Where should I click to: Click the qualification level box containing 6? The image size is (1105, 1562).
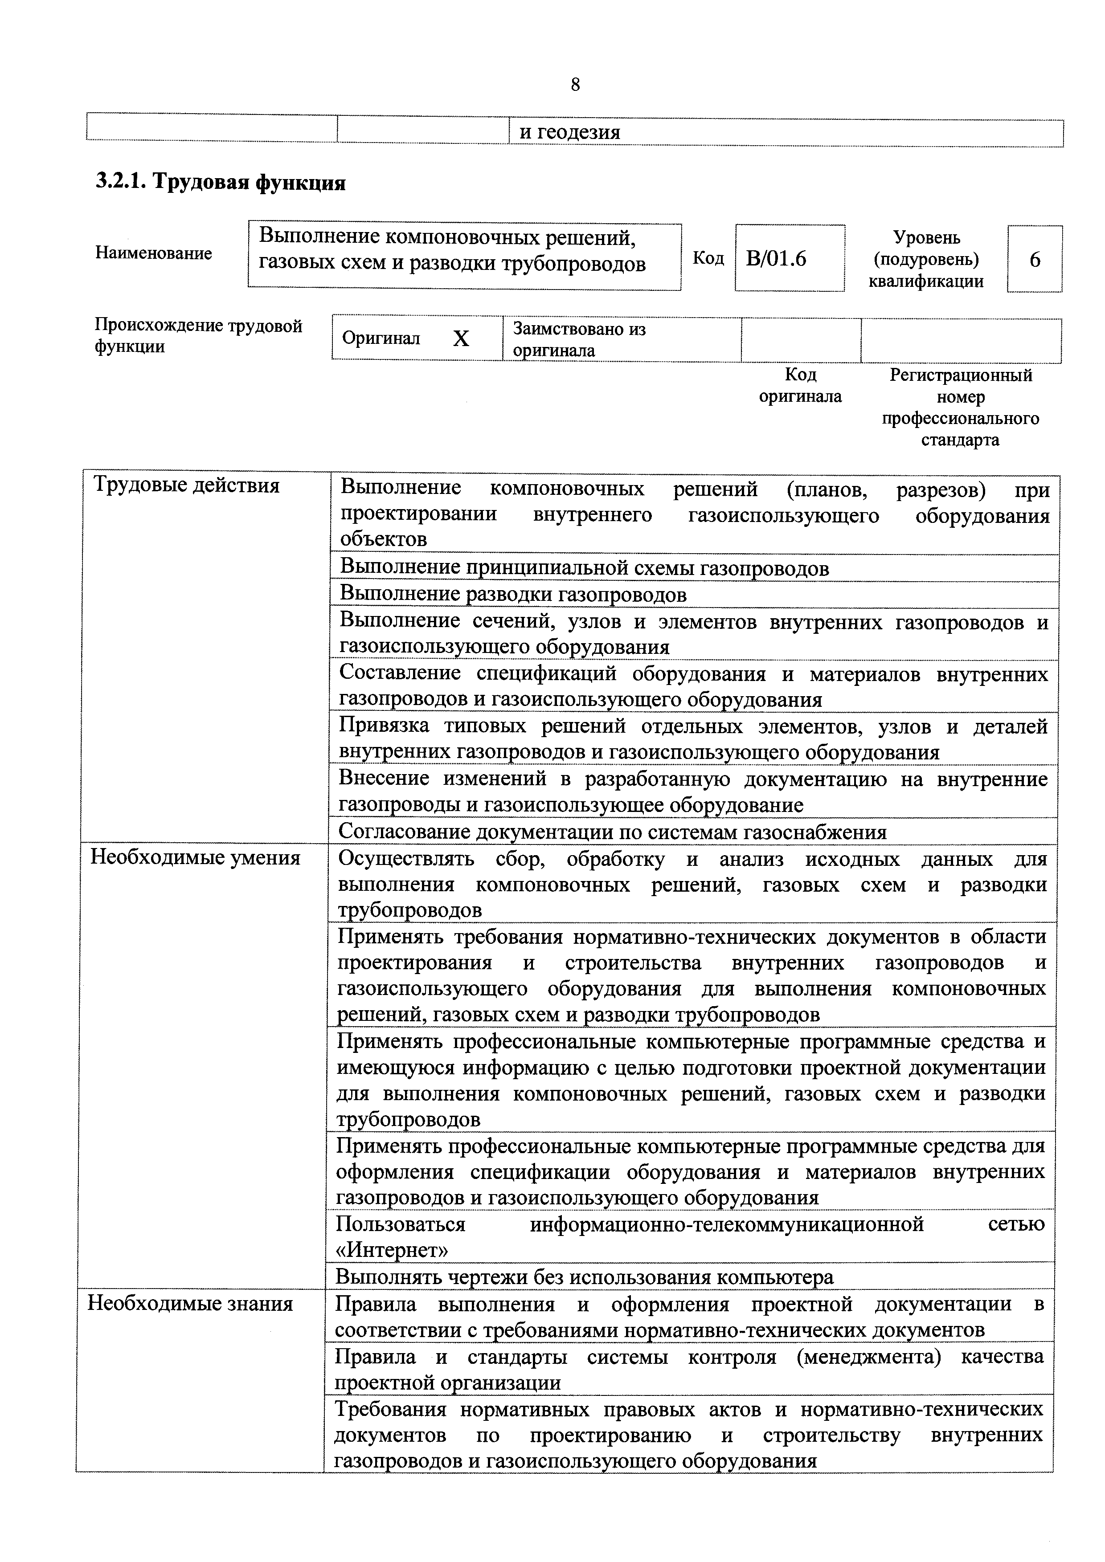click(1034, 259)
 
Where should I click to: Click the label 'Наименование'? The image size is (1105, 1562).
click(154, 253)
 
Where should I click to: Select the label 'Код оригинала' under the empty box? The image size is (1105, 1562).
click(800, 386)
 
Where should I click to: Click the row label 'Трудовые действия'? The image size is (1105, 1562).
click(186, 485)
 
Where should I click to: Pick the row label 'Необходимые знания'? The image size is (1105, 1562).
click(191, 1304)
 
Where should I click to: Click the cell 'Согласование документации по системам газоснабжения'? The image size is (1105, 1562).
click(612, 832)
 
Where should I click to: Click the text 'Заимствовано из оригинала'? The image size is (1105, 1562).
click(579, 339)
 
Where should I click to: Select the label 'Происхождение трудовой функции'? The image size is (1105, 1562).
click(198, 336)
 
